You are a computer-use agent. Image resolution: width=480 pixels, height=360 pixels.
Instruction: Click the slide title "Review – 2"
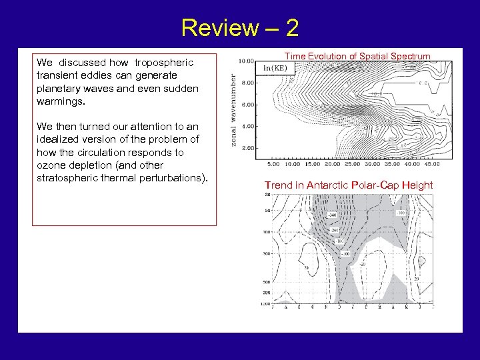point(239,28)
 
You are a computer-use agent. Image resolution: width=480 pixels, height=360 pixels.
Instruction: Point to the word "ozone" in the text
point(51,165)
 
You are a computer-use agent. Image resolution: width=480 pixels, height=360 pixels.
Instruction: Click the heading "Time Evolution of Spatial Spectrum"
point(357,57)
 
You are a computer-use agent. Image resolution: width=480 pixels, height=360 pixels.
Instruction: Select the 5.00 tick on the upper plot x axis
point(273,164)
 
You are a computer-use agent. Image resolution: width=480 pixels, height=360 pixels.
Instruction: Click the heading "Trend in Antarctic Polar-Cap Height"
point(349,185)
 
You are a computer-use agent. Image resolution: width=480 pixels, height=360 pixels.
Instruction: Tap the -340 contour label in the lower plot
point(332,215)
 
